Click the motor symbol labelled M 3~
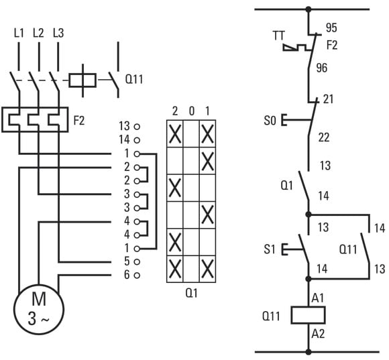click(x=39, y=310)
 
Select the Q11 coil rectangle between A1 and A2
click(x=308, y=315)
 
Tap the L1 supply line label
click(x=19, y=33)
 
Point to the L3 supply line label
click(x=58, y=33)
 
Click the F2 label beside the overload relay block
click(x=79, y=121)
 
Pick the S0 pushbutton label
click(x=270, y=121)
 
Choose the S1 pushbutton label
click(x=270, y=249)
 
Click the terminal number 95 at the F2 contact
click(x=331, y=27)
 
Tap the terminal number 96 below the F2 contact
click(x=322, y=68)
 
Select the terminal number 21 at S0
click(x=328, y=99)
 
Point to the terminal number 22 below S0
click(x=324, y=137)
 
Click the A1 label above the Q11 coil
click(x=318, y=298)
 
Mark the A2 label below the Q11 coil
click(x=318, y=334)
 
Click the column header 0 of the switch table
click(x=192, y=111)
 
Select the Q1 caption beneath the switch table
click(x=192, y=294)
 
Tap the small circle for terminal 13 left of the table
click(x=137, y=127)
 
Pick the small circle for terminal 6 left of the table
click(x=137, y=275)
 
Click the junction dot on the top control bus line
click(x=309, y=9)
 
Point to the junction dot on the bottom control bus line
click(x=309, y=351)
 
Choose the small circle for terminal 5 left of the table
click(x=137, y=261)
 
